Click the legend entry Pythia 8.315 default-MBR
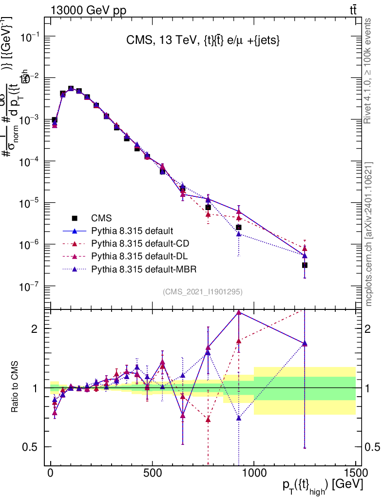(x=132, y=269)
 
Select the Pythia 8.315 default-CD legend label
(x=132, y=243)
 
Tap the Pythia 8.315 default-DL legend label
(x=131, y=256)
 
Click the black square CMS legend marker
(x=75, y=218)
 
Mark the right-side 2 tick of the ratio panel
(x=372, y=328)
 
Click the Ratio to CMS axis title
(x=15, y=387)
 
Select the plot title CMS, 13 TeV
(x=199, y=41)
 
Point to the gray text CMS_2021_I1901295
(x=203, y=292)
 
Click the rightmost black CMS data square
(x=305, y=265)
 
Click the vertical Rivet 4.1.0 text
(x=368, y=71)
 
